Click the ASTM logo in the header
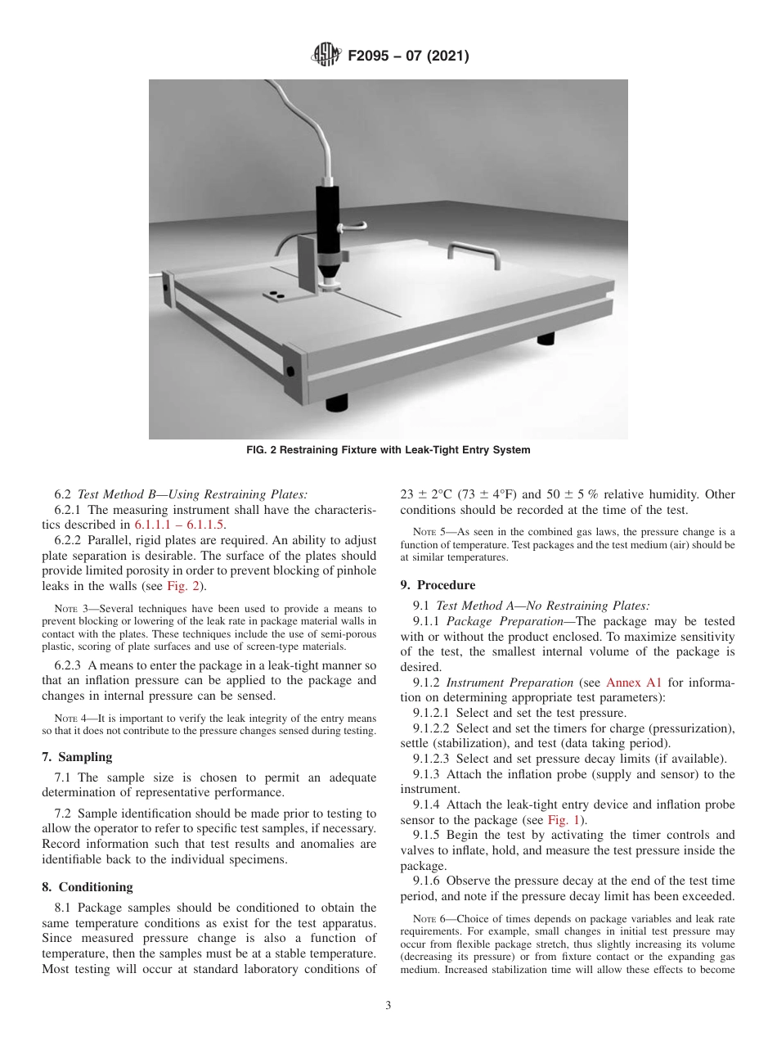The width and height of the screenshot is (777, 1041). click(326, 56)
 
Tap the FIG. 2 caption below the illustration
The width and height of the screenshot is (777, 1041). click(388, 450)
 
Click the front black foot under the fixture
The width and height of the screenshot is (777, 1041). click(336, 402)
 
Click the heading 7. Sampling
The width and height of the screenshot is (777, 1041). click(77, 757)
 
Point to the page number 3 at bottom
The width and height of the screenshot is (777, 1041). click(388, 1006)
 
